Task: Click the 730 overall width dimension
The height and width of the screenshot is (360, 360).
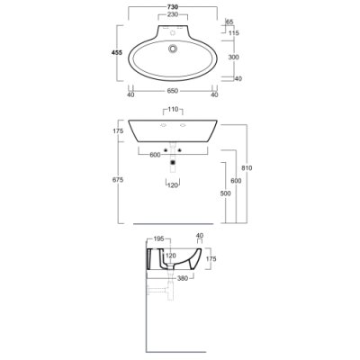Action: tap(173, 6)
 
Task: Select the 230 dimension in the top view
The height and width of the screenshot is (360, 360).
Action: tap(173, 14)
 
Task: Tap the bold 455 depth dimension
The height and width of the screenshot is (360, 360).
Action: tap(117, 53)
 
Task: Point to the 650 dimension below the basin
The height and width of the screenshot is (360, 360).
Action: tap(173, 91)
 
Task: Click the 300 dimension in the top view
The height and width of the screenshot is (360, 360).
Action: tap(234, 57)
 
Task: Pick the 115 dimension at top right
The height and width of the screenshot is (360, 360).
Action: tap(234, 33)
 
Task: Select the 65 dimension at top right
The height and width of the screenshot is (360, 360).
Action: tap(229, 22)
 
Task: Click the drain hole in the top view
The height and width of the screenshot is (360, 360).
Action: tap(173, 49)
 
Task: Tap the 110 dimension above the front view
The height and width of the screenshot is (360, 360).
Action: tap(173, 109)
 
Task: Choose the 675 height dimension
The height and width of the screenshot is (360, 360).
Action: tap(118, 180)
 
